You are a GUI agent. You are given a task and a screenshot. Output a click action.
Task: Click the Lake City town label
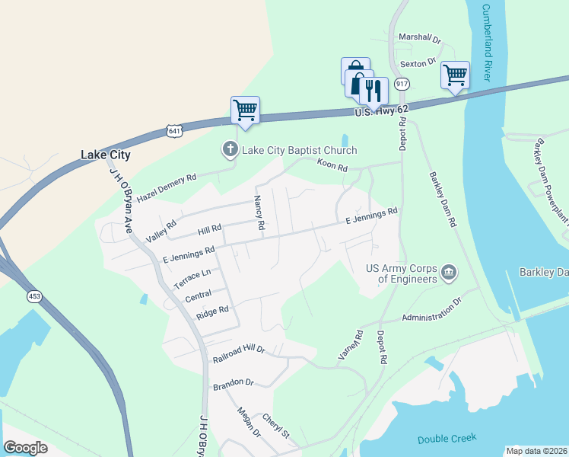(106, 155)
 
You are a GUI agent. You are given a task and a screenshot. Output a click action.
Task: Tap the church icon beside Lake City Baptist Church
(230, 149)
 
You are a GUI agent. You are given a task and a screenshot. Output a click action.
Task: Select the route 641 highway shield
(175, 131)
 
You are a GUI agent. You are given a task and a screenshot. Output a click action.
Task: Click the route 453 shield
(33, 296)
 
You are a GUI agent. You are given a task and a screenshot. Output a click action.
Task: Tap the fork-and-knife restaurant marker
(373, 91)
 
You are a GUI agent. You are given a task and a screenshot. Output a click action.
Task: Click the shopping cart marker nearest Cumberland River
(455, 75)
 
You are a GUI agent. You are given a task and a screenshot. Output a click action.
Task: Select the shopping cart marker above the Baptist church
(245, 110)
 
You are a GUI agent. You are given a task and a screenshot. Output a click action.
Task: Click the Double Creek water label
(447, 438)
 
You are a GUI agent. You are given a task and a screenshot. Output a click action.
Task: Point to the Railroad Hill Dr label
(238, 349)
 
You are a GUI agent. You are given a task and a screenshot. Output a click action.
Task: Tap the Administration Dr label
(431, 308)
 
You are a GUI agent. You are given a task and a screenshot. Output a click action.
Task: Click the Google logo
(25, 448)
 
